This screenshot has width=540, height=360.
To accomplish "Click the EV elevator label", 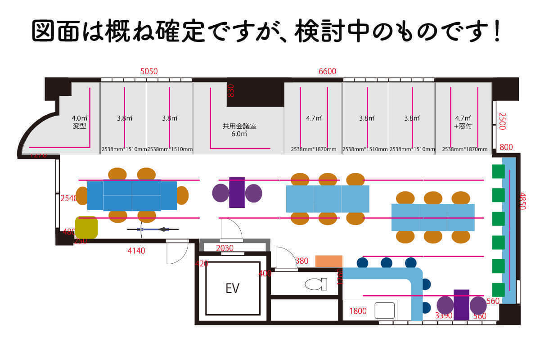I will coord(232,288).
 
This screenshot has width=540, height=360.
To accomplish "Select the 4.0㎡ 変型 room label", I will coord(79,122).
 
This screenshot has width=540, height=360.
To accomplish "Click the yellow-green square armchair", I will coord(86,227).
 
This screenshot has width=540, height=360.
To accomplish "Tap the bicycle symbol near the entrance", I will coord(153,229).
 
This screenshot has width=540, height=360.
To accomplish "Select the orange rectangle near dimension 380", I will coord(328,261).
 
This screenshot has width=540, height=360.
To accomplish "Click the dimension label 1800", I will coord(358,310).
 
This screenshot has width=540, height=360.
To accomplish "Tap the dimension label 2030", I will coord(225,248).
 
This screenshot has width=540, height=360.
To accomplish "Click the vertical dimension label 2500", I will coord(503,121).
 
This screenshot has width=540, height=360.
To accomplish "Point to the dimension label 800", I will coord(506,147).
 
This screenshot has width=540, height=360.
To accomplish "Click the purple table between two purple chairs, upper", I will coord(237,193).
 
